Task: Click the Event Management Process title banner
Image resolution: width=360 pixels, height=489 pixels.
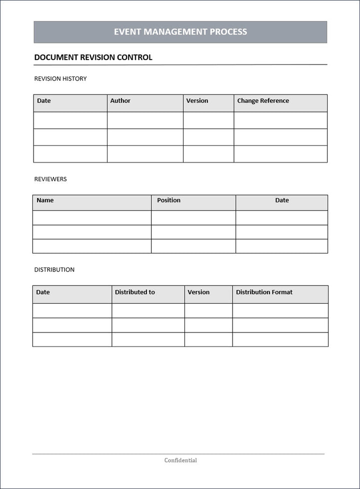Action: [180, 32]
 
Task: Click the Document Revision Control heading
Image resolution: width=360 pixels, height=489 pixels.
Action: [93, 57]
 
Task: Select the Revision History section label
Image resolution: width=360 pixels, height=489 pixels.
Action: [60, 78]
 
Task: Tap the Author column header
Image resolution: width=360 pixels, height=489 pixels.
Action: [120, 101]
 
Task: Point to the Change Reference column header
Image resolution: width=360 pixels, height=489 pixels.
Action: [263, 101]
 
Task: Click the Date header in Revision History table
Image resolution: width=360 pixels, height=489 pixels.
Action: [44, 101]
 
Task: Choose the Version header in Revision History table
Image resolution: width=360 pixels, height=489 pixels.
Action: [197, 101]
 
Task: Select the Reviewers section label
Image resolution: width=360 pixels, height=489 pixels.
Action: [50, 179]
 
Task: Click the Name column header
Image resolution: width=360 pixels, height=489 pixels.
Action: [45, 200]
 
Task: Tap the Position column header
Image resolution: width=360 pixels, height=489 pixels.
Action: [168, 200]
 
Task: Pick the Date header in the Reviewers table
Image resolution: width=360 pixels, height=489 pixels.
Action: [282, 200]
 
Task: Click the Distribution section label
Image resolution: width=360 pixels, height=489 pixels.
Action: [54, 269]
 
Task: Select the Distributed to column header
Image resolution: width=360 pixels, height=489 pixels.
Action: [134, 292]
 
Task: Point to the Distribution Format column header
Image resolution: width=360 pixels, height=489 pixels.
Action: [264, 292]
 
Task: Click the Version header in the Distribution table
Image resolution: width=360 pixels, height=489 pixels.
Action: [198, 292]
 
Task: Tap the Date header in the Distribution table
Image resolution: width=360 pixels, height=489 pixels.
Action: [43, 292]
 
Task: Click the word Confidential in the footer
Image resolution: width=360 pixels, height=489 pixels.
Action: [180, 460]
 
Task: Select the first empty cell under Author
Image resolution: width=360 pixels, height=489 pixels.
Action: [145, 120]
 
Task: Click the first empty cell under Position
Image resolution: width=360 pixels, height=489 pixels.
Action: [193, 218]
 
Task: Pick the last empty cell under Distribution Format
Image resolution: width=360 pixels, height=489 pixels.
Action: [280, 339]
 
